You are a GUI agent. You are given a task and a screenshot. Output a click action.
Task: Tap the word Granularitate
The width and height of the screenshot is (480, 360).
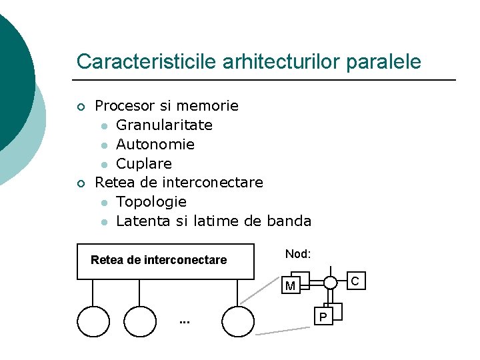click(x=164, y=125)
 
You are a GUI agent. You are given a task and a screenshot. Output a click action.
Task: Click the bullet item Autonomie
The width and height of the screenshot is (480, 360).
click(x=155, y=144)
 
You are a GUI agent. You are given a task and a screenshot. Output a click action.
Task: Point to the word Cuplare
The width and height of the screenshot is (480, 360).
click(x=143, y=163)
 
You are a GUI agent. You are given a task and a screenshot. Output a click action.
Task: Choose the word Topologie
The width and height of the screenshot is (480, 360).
click(x=151, y=201)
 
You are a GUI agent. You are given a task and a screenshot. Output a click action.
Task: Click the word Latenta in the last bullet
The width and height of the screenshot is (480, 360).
click(x=143, y=221)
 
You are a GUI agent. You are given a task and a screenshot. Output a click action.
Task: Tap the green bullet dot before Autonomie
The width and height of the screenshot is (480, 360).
click(x=104, y=145)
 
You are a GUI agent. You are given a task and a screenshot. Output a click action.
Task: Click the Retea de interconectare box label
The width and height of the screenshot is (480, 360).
click(x=159, y=260)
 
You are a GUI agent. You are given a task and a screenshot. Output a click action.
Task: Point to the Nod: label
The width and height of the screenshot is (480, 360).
click(x=298, y=254)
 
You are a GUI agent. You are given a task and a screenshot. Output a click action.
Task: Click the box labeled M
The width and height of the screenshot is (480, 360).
click(x=291, y=286)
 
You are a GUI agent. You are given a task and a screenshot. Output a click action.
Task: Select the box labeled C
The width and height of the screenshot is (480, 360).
click(x=355, y=281)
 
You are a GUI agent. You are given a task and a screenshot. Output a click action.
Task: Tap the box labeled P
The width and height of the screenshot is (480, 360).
click(x=325, y=316)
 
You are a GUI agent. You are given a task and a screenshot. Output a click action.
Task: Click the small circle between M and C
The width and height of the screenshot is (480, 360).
click(x=330, y=282)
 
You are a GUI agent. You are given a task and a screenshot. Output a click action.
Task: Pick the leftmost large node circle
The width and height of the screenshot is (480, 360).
click(x=93, y=321)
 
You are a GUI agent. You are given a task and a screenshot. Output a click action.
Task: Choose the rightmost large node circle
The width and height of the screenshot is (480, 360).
click(x=238, y=321)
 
